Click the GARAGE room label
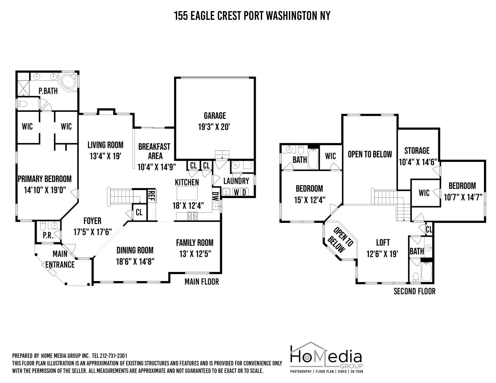tap(215, 116)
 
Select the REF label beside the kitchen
tap(151, 195)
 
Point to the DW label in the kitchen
tap(216, 197)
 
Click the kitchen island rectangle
tap(187, 193)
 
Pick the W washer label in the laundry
tap(237, 192)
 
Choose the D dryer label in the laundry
tap(244, 192)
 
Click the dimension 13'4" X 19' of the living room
tap(105, 156)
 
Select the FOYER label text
tap(92, 221)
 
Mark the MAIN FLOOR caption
tap(202, 281)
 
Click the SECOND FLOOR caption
tap(414, 291)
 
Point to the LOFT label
tap(383, 242)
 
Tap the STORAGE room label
tap(417, 150)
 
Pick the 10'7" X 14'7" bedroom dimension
tap(463, 197)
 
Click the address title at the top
tap(252, 16)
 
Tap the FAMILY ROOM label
tap(194, 242)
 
